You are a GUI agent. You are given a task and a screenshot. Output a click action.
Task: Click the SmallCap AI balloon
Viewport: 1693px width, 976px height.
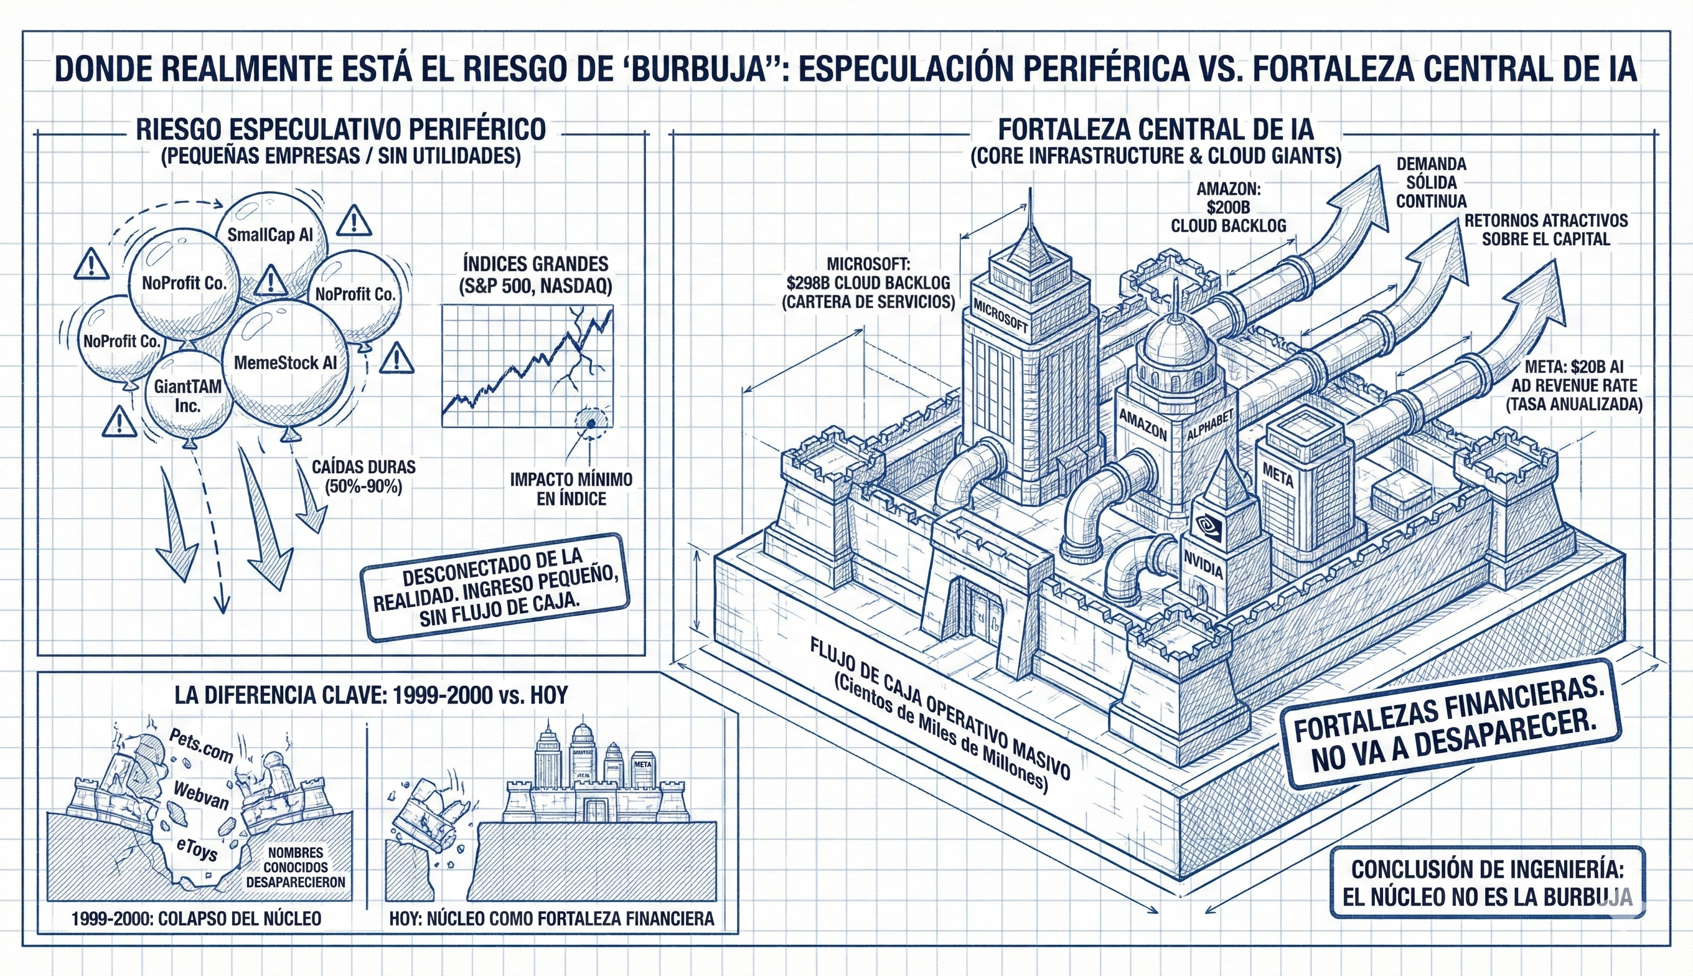pos(270,235)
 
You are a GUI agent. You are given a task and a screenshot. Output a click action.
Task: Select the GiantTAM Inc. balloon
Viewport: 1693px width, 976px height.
pos(188,395)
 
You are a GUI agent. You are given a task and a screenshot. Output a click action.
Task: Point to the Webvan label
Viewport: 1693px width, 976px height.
pos(200,795)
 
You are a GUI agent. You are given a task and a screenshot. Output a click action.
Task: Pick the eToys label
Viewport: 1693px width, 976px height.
pos(197,848)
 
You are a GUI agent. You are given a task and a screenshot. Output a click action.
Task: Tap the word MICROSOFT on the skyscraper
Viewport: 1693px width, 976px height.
pos(1000,316)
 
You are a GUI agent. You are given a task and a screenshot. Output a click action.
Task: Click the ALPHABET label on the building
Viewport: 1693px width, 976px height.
pos(1211,425)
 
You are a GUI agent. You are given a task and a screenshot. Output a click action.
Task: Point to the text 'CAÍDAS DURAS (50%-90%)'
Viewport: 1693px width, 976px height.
pos(363,476)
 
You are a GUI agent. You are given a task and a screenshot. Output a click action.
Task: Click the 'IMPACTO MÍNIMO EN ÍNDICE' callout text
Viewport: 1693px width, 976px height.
pos(571,489)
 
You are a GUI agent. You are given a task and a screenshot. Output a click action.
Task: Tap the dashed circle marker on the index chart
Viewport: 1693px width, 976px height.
pos(591,423)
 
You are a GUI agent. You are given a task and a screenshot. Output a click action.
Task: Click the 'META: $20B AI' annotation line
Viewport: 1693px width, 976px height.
pos(1573,367)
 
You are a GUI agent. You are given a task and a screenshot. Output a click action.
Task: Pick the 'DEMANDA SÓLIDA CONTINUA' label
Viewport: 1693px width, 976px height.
pos(1431,182)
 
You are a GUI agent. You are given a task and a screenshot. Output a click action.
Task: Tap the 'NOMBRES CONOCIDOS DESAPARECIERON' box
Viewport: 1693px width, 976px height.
pos(296,868)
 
